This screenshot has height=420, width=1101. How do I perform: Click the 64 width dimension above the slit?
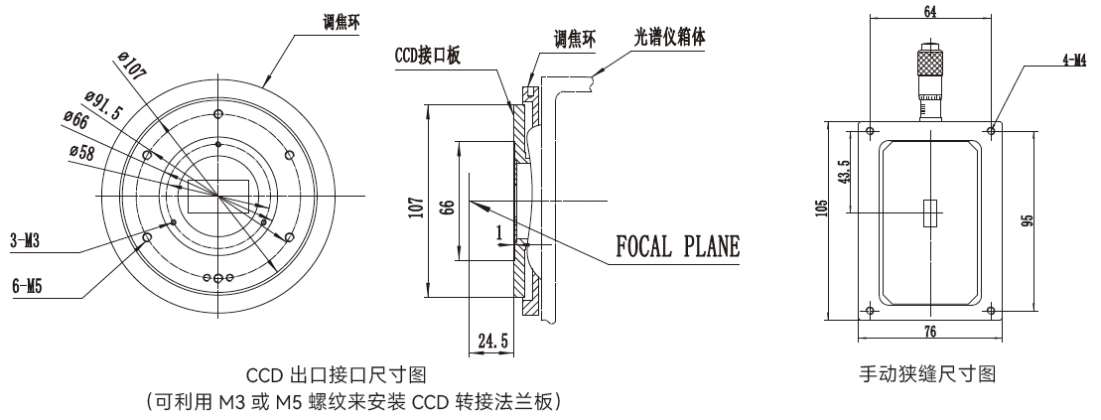(x=930, y=11)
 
